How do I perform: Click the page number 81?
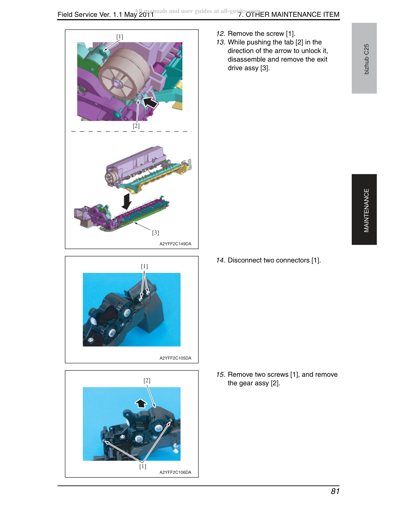coord(335,491)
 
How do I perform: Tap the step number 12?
coord(220,34)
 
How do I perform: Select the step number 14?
coord(220,260)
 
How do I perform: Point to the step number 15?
coord(220,374)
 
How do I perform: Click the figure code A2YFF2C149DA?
coord(175,244)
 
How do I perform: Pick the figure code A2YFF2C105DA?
coord(175,358)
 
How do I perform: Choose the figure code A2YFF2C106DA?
coord(175,472)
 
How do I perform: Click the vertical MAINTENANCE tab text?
coord(366,210)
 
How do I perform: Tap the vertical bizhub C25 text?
coord(366,59)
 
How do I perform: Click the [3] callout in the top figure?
coord(156,233)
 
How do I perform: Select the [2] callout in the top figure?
coord(136,125)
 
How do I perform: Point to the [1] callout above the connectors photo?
coord(144,266)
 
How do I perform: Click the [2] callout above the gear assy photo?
coord(147,380)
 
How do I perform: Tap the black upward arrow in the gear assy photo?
coord(141,404)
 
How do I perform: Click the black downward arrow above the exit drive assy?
coord(127,202)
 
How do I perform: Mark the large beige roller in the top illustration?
coord(124,74)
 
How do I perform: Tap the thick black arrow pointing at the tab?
coord(150,102)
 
